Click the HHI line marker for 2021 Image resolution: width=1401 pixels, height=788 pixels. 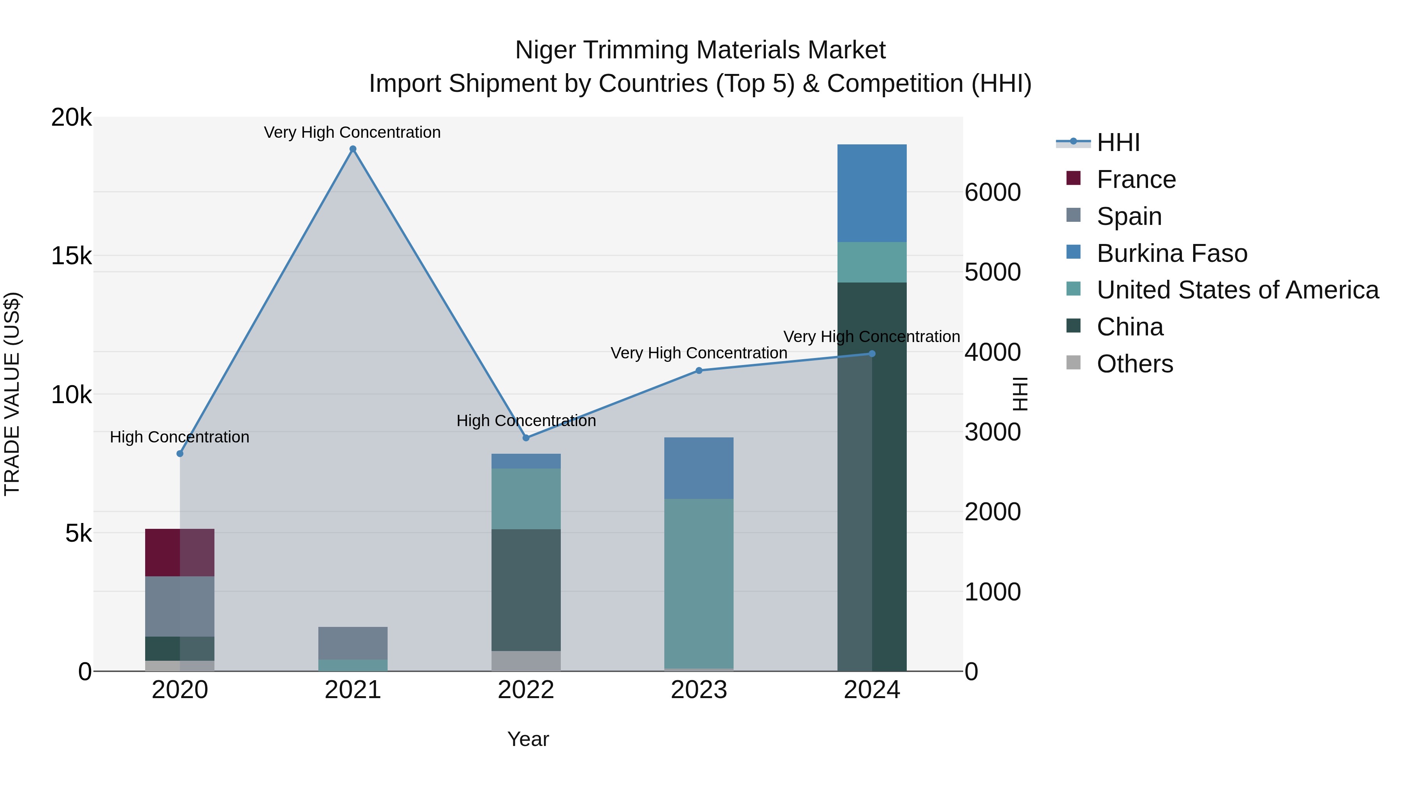click(x=353, y=149)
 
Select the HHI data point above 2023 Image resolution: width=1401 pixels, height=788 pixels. click(x=699, y=370)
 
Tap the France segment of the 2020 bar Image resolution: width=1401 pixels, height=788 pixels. click(x=179, y=552)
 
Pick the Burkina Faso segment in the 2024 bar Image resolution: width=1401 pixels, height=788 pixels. click(x=871, y=193)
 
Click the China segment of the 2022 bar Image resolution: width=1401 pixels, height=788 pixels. click(x=525, y=590)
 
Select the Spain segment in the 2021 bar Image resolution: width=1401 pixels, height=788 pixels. click(x=353, y=643)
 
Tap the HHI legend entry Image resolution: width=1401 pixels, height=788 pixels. click(x=1118, y=142)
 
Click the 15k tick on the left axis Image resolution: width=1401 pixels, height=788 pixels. click(x=71, y=256)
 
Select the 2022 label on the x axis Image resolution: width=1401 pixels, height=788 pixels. click(x=525, y=690)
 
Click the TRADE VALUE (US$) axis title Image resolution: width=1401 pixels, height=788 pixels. click(x=12, y=394)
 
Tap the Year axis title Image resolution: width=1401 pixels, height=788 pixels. click(x=528, y=739)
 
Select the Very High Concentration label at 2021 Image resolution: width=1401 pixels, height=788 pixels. click(x=353, y=132)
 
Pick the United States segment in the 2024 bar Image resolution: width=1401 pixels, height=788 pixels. click(x=871, y=262)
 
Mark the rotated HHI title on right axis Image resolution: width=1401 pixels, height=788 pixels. click(x=1020, y=394)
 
